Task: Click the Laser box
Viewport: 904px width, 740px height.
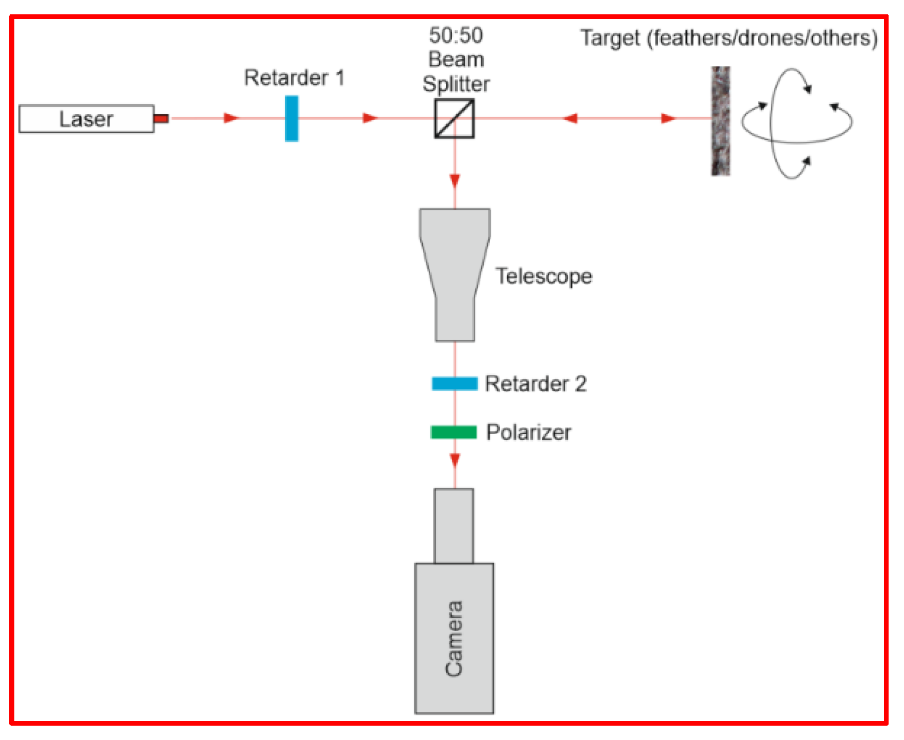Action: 86,119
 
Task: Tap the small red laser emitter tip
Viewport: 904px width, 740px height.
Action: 161,118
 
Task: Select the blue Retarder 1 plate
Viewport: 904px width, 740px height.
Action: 292,118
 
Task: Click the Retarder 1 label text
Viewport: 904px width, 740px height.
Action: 294,78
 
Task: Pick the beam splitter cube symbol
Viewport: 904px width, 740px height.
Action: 454,119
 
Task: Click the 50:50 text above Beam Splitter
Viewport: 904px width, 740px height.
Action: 456,36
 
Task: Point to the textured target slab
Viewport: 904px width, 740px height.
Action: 721,121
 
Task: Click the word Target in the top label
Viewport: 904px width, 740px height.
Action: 610,38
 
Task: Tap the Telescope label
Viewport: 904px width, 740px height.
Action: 543,276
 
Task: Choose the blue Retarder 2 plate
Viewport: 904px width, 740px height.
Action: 455,383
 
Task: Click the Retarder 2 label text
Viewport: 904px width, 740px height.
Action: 535,384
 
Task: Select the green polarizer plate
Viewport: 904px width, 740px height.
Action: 454,432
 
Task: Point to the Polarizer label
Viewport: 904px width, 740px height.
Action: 528,432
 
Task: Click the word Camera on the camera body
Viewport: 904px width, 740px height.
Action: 454,638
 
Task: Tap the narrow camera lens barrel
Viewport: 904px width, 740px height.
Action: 454,526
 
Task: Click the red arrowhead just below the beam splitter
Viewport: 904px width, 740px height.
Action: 455,181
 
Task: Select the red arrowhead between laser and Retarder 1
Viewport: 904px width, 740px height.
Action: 232,118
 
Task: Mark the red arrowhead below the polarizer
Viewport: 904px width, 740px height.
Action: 455,460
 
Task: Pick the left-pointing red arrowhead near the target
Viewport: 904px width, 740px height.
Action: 570,118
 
